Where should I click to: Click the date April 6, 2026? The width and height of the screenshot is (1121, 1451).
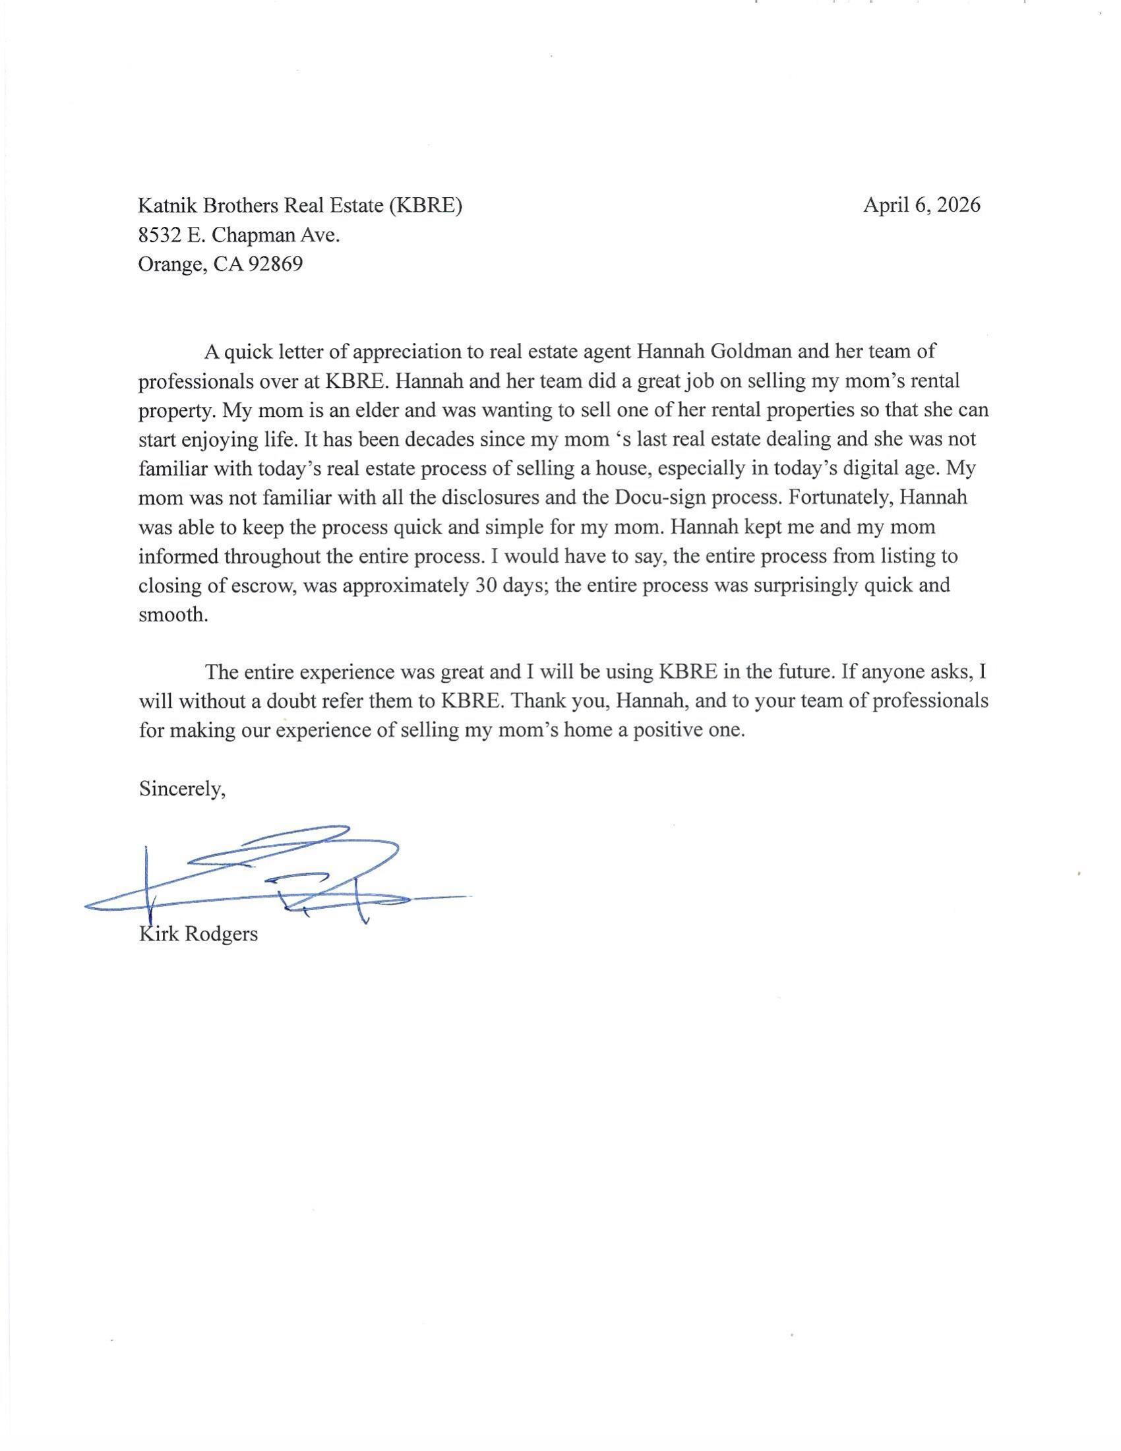click(x=921, y=205)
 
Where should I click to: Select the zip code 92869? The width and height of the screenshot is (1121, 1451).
click(x=275, y=264)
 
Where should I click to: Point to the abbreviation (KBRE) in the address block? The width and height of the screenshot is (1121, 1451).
click(x=426, y=205)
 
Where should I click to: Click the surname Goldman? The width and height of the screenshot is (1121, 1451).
click(x=751, y=351)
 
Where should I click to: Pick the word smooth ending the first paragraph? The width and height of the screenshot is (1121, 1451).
click(x=173, y=615)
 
